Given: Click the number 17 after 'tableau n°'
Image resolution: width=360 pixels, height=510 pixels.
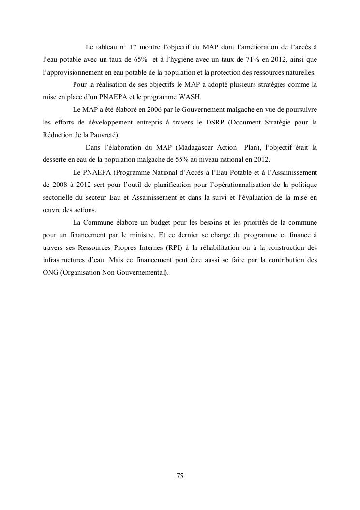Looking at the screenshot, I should (134, 47).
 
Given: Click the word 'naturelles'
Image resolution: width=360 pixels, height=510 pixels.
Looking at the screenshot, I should (297, 73).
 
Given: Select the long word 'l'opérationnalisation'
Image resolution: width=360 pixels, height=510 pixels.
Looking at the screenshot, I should (240, 185).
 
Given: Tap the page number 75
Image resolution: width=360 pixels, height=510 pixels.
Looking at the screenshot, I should (180, 476).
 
